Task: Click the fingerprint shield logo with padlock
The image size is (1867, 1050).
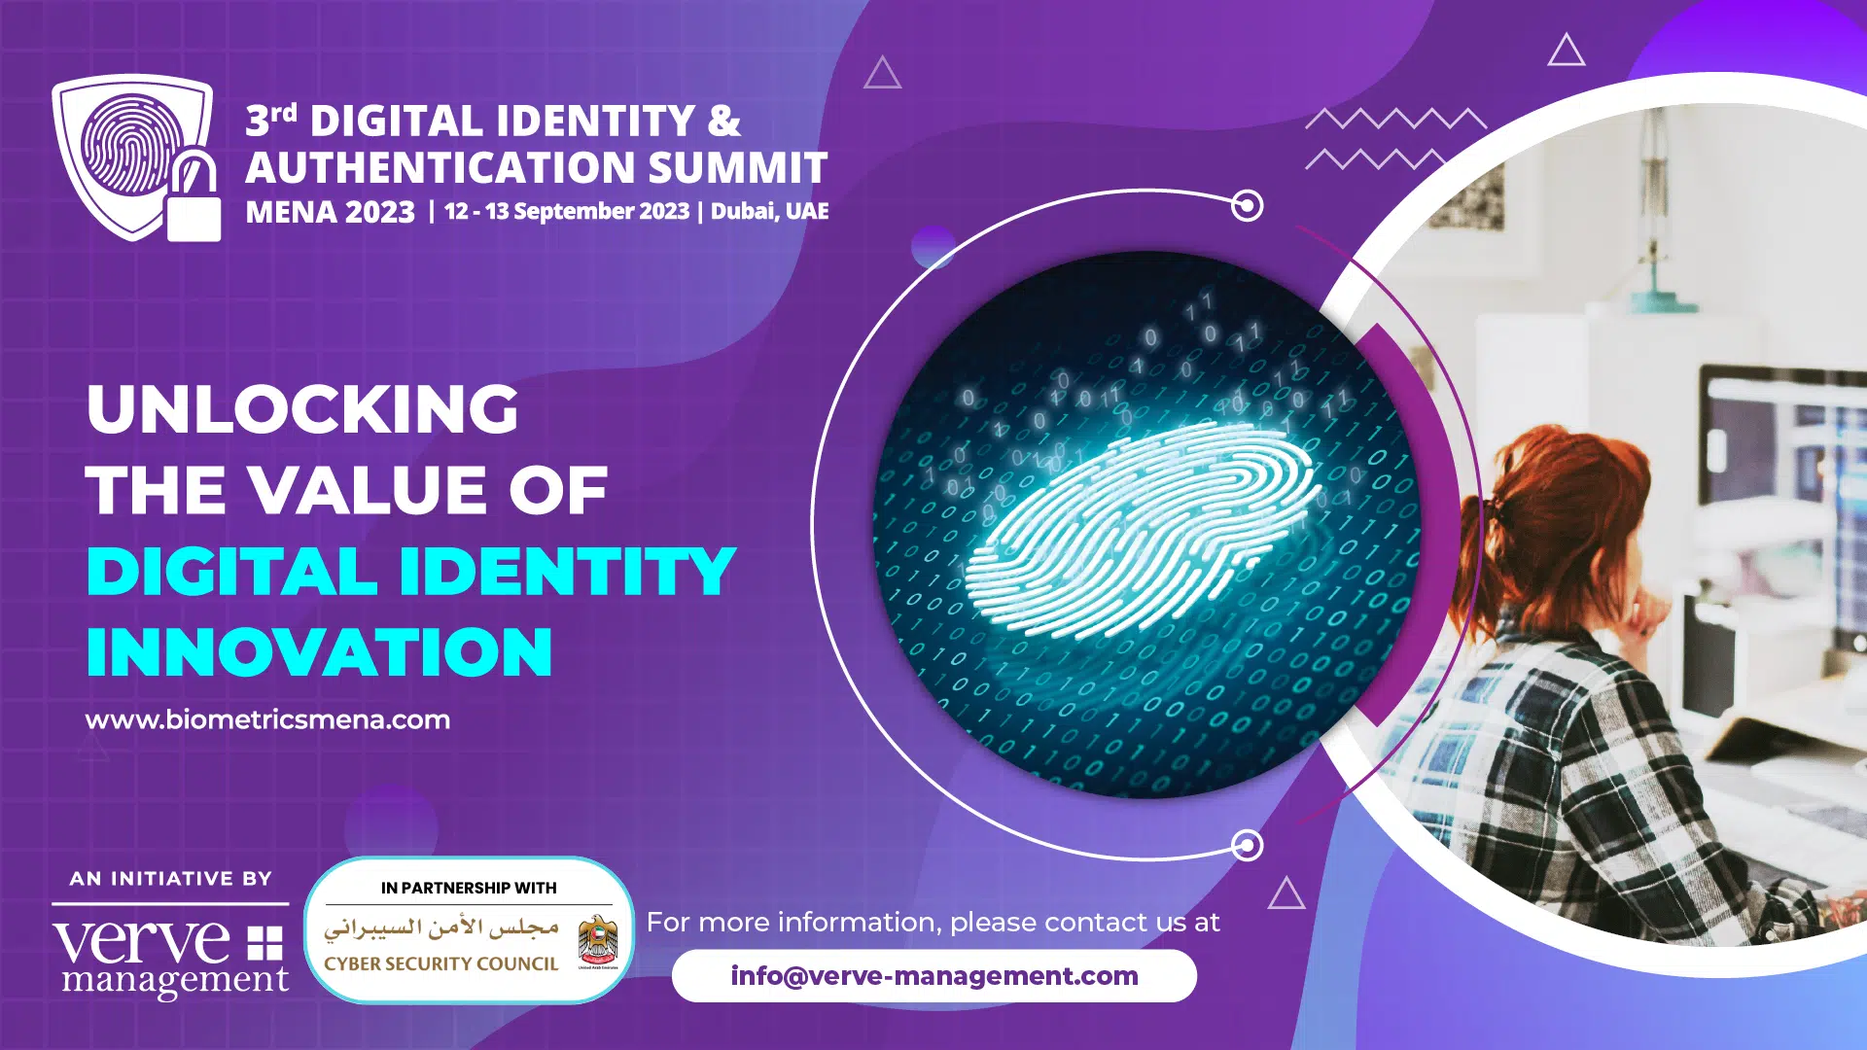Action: point(136,158)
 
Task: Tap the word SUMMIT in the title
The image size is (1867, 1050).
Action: point(738,167)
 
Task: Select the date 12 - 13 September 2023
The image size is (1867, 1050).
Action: point(567,211)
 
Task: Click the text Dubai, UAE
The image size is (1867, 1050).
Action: point(770,211)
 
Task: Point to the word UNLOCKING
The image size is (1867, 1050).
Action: point(302,408)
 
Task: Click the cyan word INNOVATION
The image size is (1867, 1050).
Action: point(320,651)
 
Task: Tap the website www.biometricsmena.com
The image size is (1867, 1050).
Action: point(267,720)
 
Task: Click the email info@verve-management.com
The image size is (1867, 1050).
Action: point(934,975)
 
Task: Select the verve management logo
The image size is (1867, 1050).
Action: point(170,957)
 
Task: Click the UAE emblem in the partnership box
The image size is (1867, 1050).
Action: point(598,942)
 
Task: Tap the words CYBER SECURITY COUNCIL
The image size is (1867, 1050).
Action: point(441,963)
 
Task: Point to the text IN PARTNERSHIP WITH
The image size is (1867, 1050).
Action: point(469,888)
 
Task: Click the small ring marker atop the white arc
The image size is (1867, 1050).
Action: point(1247,205)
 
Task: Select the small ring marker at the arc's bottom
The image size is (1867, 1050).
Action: point(1247,845)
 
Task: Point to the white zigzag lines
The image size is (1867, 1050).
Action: point(1395,139)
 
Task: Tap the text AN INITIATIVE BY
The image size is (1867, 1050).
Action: point(171,879)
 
